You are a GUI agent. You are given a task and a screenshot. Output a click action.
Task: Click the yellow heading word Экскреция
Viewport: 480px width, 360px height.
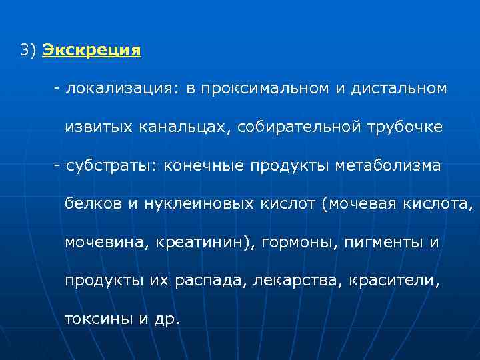click(x=91, y=51)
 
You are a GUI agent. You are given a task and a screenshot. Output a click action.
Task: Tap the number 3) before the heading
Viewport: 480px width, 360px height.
click(x=28, y=51)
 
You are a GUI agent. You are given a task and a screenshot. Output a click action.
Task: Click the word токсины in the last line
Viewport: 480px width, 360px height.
click(x=99, y=319)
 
